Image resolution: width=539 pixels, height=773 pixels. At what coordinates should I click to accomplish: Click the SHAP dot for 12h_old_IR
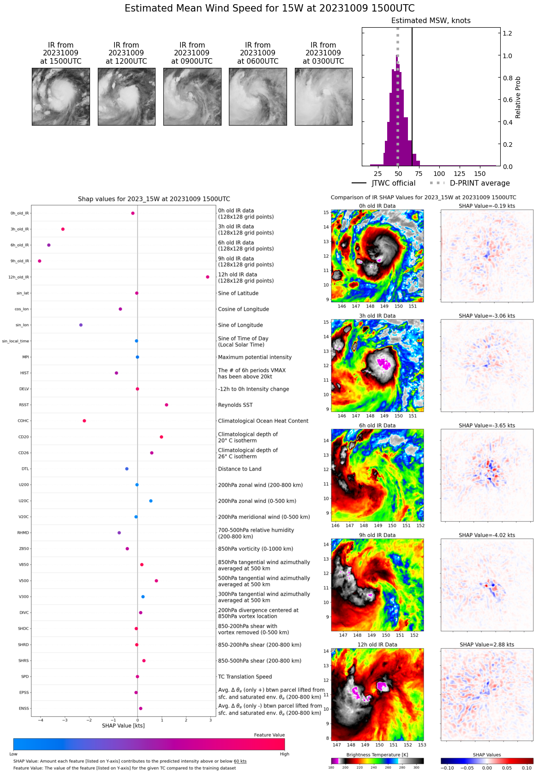(208, 277)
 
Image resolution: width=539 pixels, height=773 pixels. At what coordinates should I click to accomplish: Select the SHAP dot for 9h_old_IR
(40, 261)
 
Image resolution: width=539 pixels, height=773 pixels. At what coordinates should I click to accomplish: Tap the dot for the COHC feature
(84, 421)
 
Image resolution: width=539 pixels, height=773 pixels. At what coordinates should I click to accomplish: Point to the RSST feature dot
(167, 405)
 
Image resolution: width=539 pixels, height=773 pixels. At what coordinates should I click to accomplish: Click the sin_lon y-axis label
(22, 325)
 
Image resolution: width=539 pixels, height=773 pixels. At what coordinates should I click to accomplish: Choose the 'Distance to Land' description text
(240, 469)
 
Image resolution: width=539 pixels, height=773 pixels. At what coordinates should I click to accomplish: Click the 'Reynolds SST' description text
(235, 405)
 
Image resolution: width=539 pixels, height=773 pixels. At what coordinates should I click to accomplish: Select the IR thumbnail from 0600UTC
(258, 97)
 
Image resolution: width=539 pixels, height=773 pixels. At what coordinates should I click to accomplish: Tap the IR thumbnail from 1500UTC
(61, 97)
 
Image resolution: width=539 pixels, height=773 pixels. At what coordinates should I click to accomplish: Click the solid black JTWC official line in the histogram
(412, 92)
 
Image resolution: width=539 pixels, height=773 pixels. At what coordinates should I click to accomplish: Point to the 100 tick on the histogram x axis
(439, 174)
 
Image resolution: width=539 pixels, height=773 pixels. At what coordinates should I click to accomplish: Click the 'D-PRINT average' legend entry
(479, 183)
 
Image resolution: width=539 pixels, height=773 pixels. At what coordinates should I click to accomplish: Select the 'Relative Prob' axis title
(518, 97)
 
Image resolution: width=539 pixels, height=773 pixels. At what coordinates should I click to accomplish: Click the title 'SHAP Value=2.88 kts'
(487, 645)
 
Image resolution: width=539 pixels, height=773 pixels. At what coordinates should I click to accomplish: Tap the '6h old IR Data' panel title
(377, 426)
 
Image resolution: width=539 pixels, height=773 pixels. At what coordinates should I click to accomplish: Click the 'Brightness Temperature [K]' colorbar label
(377, 755)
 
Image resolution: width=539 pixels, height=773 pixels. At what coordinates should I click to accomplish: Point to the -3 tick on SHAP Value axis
(65, 720)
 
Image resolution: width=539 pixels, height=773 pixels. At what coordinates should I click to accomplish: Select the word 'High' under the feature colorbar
(284, 754)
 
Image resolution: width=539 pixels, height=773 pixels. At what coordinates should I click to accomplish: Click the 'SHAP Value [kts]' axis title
(123, 726)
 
